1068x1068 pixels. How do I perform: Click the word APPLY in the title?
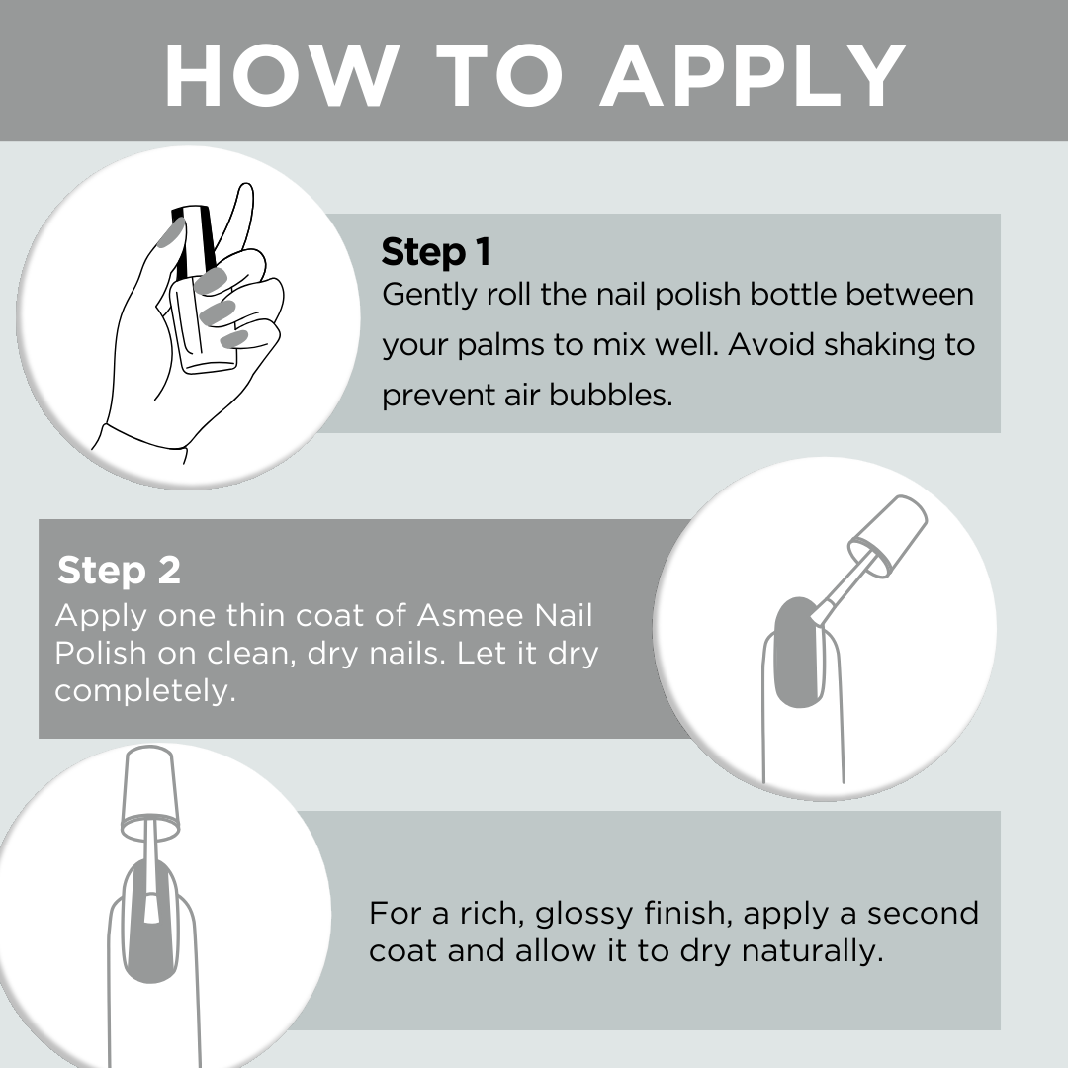coord(753,75)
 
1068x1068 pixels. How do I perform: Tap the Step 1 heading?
coord(436,251)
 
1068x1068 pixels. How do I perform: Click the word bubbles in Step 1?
coord(611,395)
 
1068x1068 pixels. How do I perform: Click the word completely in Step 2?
coord(145,691)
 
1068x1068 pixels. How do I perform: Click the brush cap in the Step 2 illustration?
coord(888,536)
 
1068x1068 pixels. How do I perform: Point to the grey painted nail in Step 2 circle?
coord(800,652)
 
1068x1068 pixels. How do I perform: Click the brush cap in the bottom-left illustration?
coord(150,791)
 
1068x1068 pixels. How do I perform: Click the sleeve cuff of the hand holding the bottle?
coord(139,444)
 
